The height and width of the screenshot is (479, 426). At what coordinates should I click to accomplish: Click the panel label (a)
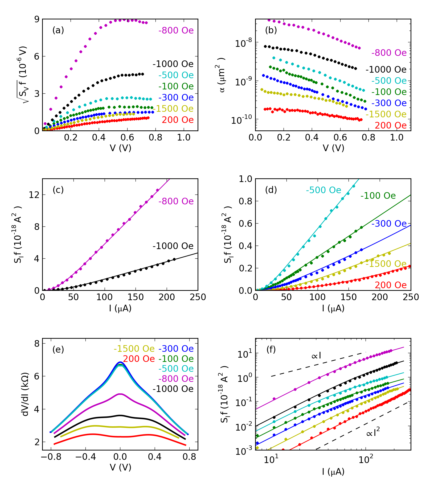pos(58,30)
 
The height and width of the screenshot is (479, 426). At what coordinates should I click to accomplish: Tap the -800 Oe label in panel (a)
pos(176,30)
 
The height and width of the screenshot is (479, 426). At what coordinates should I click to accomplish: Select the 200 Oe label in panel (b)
pos(391,125)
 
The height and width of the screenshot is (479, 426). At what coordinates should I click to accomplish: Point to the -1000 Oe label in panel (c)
pos(173,246)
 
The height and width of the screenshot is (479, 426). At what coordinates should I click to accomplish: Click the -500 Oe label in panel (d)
pos(323,190)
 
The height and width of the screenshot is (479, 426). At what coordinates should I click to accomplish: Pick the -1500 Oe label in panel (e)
pos(134,349)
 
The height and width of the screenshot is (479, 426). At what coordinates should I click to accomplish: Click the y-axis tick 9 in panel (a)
pos(37,19)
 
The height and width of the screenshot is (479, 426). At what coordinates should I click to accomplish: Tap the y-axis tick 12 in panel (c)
pos(34,195)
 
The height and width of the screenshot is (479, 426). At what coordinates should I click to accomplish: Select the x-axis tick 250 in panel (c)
pos(198,297)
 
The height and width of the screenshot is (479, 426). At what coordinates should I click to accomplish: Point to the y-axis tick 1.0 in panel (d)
pos(245,179)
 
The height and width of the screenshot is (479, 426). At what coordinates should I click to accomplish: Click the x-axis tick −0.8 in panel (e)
pos(51,457)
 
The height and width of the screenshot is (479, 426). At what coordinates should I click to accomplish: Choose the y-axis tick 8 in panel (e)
pos(37,344)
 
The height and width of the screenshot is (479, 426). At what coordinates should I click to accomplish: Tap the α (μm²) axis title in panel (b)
pos(221,75)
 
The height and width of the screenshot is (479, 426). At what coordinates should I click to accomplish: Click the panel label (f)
pos(271,350)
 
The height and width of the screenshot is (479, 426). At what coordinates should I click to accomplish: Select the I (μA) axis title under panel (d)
pos(333,308)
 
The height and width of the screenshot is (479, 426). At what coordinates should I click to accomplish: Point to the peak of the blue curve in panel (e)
pos(120,362)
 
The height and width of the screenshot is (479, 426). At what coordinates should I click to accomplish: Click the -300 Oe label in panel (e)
pos(176,349)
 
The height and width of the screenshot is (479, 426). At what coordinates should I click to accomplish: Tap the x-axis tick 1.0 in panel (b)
pos(397,138)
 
